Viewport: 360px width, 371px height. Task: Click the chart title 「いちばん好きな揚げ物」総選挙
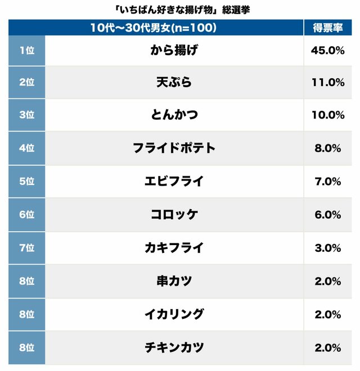179,9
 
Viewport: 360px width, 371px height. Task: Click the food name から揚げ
174,50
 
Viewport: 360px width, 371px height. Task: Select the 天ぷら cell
174,83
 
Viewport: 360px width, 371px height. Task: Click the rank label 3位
26,115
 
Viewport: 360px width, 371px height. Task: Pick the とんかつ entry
174,115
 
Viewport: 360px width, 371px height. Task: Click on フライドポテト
174,148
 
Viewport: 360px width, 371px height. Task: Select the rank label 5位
26,181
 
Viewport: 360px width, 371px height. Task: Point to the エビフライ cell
174,181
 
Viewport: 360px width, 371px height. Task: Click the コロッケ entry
174,214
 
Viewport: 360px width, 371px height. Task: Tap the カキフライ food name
174,247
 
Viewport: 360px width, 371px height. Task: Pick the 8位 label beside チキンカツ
26,347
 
